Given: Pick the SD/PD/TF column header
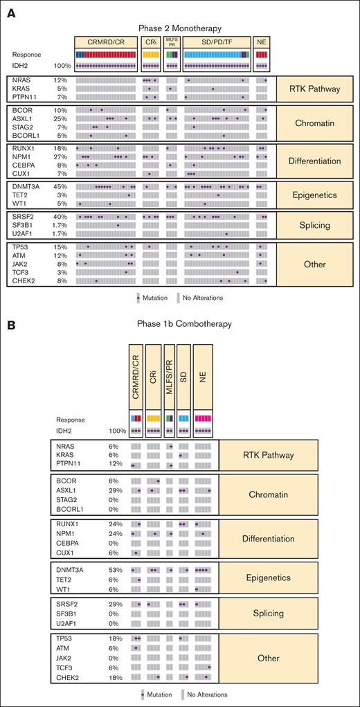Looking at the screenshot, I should click(217, 42).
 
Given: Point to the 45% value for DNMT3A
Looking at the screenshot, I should click(60, 187).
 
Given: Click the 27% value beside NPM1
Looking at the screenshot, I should click(60, 157).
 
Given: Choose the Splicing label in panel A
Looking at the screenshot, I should click(305, 224).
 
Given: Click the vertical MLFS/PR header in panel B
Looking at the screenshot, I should click(170, 383).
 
